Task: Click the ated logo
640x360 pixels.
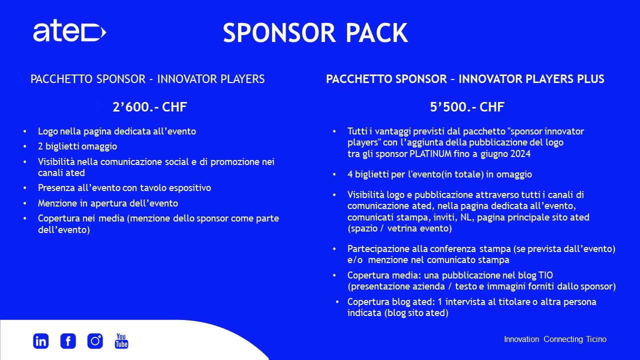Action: click(x=69, y=31)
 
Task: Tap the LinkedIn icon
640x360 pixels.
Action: click(x=41, y=341)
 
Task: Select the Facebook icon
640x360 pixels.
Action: click(x=68, y=341)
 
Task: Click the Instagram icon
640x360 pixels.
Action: click(x=95, y=341)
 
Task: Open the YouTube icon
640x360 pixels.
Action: click(x=121, y=341)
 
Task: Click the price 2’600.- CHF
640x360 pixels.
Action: click(x=149, y=107)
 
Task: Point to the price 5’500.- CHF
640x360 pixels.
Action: click(x=467, y=107)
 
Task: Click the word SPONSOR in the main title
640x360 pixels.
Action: click(x=279, y=33)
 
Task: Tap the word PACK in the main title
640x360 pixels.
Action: click(x=377, y=33)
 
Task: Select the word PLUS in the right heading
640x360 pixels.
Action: click(x=591, y=79)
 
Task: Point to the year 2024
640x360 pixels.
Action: click(x=520, y=153)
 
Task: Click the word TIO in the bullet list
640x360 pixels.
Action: click(x=545, y=275)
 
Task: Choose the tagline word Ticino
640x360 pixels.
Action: click(x=596, y=339)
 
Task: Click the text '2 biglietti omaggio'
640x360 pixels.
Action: click(x=77, y=146)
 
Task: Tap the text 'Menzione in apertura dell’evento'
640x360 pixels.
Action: click(x=108, y=203)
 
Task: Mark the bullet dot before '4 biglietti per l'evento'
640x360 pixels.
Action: click(x=334, y=174)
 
